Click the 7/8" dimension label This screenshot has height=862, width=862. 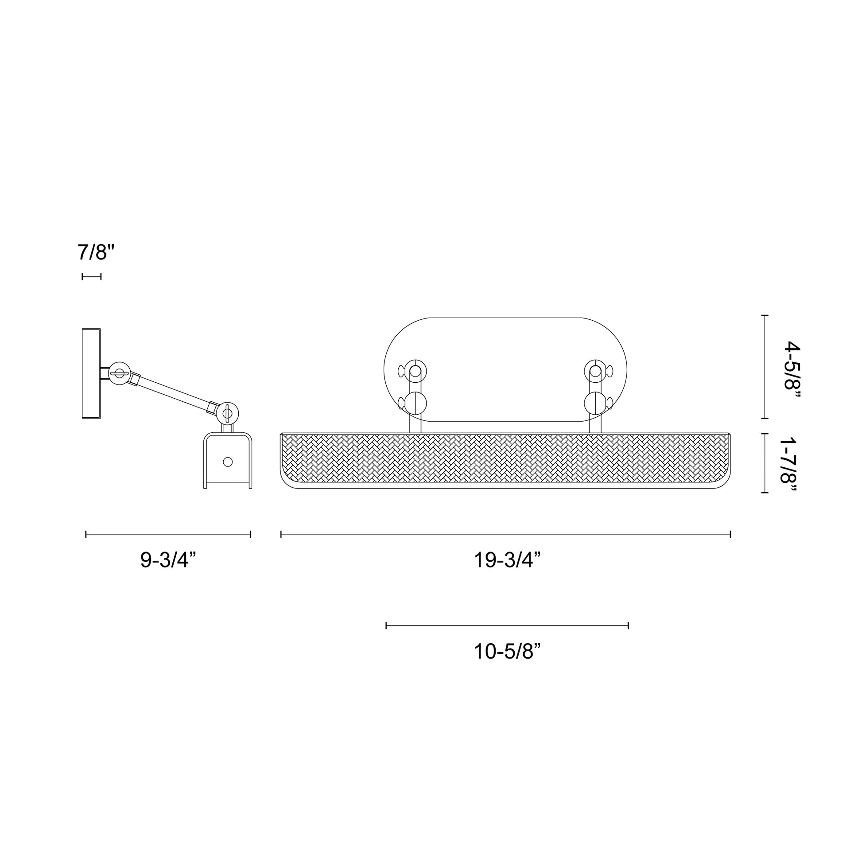(x=96, y=252)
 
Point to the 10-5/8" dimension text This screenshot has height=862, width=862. (x=507, y=652)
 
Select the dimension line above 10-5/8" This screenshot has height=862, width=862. (x=507, y=625)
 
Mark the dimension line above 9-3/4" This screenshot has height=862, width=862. (x=168, y=534)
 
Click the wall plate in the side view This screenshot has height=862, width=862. (x=91, y=373)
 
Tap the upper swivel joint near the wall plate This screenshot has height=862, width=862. (x=120, y=373)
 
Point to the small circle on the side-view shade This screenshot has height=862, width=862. (x=228, y=462)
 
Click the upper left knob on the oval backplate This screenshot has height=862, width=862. (x=415, y=371)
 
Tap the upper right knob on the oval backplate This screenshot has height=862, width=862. (x=595, y=371)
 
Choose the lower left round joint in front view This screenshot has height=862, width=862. (x=415, y=403)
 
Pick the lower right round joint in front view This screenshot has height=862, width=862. (x=595, y=403)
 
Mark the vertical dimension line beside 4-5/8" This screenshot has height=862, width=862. (x=765, y=367)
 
